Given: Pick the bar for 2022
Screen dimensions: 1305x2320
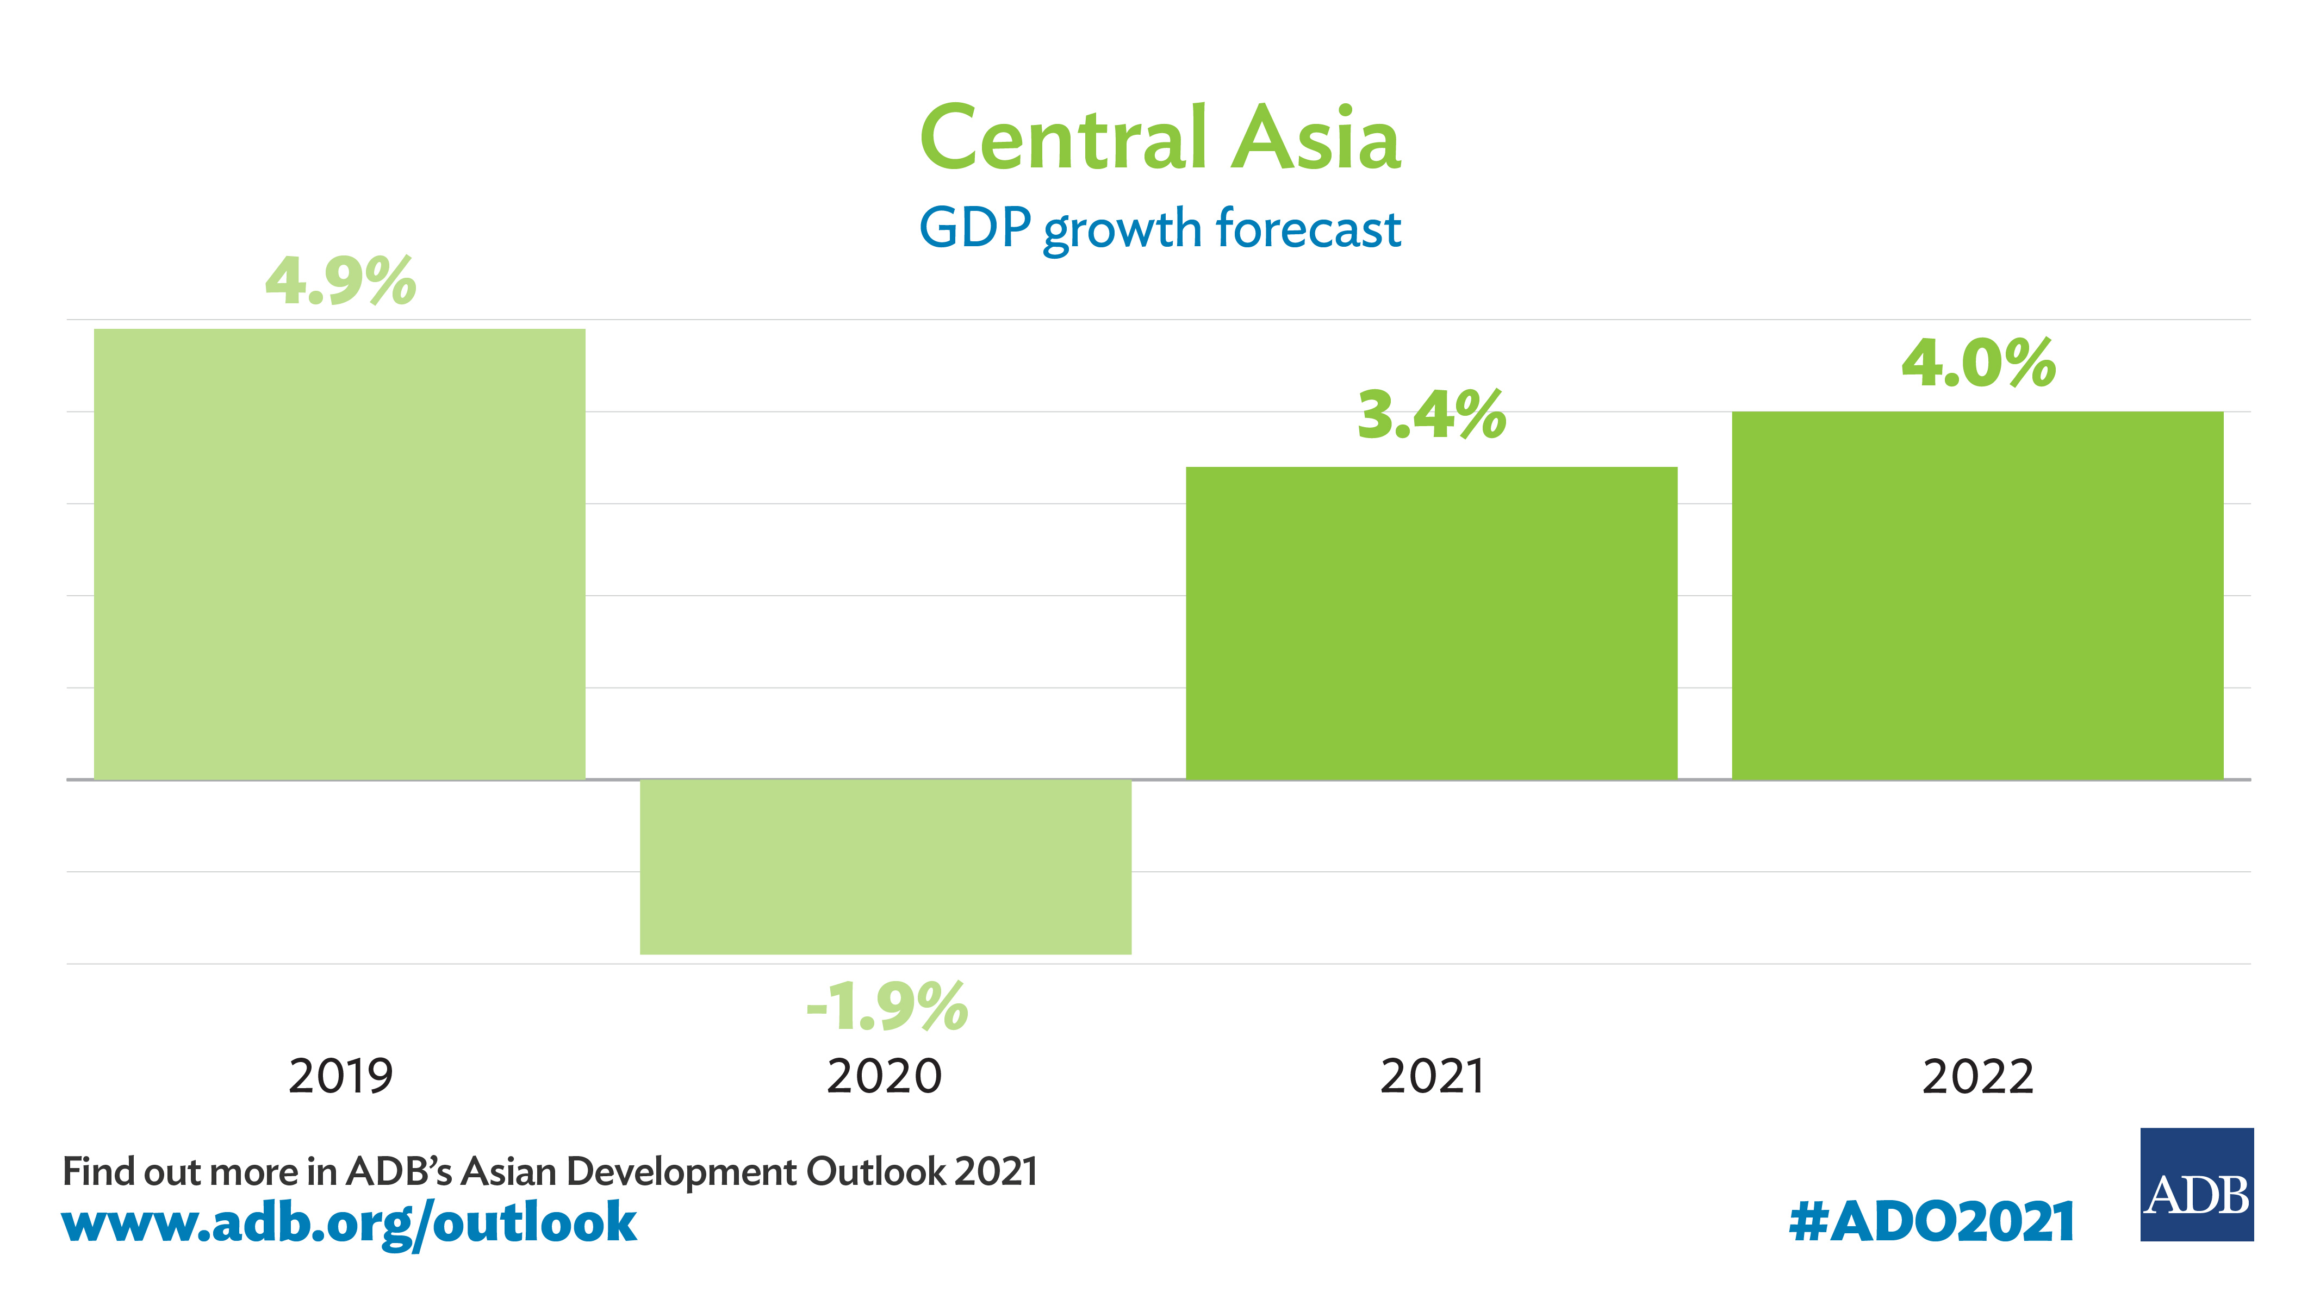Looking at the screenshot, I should [x=1977, y=595].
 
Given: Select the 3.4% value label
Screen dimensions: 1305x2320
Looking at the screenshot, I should [x=1431, y=415].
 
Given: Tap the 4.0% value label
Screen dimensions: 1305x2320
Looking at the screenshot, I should [x=1979, y=363].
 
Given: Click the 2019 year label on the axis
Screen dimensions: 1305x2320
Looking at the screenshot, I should [x=340, y=1076].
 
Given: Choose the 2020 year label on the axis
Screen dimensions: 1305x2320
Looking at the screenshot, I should [x=885, y=1076].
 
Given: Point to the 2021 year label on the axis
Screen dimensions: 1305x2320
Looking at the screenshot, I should [x=1432, y=1076].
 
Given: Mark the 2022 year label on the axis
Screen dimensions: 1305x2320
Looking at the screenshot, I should [x=1978, y=1076].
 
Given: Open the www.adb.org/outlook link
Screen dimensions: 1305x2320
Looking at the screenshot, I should [x=350, y=1223].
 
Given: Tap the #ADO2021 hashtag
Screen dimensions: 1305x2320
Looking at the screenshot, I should [x=1932, y=1222].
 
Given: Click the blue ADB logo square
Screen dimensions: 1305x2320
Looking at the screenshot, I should [x=2197, y=1184].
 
